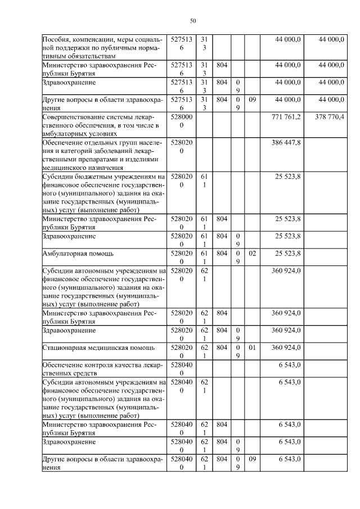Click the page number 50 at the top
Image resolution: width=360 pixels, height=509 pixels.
[x=193, y=21]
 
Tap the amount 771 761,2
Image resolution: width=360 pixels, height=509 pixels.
[x=287, y=116]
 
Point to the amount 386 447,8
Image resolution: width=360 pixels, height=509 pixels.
[x=287, y=143]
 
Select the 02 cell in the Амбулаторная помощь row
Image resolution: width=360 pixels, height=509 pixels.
[x=252, y=254]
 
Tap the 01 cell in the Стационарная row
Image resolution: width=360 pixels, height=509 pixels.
[x=252, y=348]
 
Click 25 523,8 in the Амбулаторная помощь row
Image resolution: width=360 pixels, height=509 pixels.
[x=287, y=254]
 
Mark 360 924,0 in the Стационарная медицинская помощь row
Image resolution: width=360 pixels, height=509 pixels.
[x=287, y=348]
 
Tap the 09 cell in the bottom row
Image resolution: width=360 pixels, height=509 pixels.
[x=252, y=460]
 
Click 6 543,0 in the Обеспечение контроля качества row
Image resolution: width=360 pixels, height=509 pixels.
[x=290, y=366]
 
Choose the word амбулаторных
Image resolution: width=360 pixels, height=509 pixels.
[x=64, y=134]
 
